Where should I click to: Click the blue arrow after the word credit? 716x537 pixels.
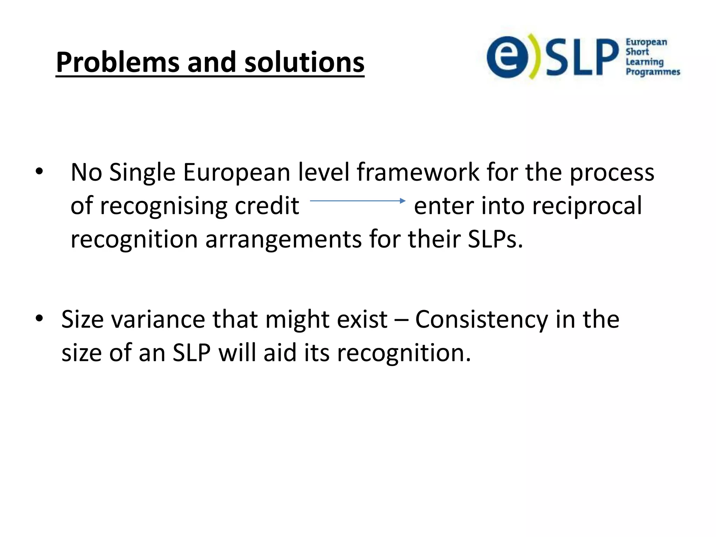357,201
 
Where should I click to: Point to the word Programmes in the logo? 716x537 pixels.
653,72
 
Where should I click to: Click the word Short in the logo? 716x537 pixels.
637,52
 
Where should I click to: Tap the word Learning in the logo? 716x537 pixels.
644,62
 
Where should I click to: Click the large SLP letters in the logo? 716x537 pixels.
581,57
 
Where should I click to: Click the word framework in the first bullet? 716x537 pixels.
418,172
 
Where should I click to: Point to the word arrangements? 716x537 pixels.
284,239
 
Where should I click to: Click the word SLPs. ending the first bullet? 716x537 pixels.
495,239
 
